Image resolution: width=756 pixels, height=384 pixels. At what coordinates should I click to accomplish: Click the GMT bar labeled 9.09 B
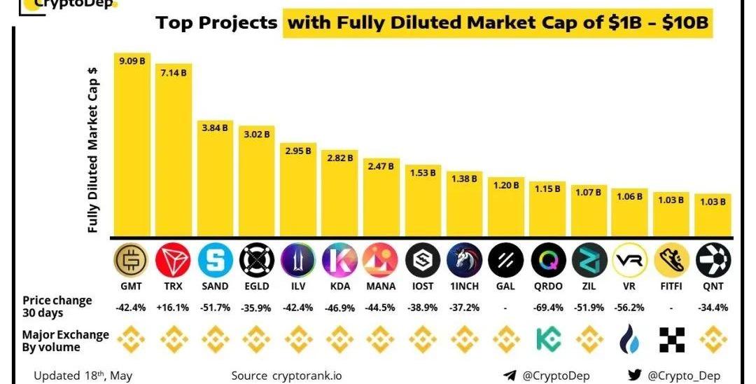coord(132,147)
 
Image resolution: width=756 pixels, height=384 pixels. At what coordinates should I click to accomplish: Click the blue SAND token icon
coord(215,261)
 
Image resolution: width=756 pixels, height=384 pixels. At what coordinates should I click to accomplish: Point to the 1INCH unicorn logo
coord(463,261)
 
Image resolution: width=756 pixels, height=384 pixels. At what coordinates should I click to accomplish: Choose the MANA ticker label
coord(381,286)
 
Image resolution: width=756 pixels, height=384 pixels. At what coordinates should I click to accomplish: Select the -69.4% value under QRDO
coord(547,308)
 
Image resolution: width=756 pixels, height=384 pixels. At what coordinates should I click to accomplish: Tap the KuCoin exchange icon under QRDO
coord(547,341)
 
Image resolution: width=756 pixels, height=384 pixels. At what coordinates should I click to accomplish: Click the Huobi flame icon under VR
coord(629,341)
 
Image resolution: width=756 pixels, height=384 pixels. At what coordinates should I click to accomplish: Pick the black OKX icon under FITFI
coord(671,341)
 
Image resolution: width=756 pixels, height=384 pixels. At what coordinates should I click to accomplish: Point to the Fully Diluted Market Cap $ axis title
coord(92,151)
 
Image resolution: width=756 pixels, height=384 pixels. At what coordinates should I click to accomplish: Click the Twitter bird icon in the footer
coord(634,376)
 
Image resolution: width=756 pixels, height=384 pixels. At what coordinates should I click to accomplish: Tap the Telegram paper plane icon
coord(510,376)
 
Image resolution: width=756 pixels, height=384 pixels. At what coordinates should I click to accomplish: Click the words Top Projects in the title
coord(217,23)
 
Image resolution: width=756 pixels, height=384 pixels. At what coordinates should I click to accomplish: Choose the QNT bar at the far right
coord(713,215)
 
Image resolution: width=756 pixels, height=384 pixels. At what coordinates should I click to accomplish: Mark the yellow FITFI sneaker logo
coord(671,261)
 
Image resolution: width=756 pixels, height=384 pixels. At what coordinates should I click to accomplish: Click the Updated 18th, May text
coord(83,376)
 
